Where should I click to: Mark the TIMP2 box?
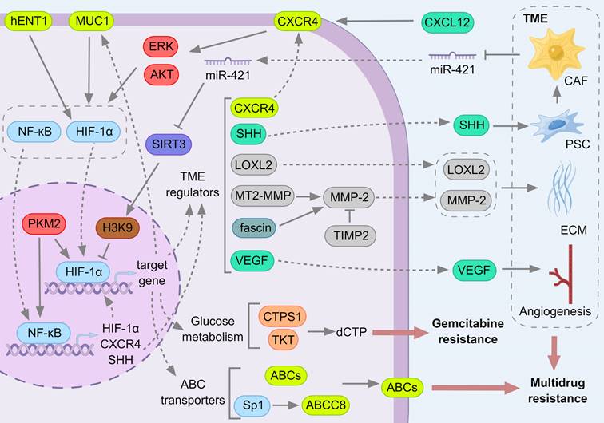click(x=352, y=235)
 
